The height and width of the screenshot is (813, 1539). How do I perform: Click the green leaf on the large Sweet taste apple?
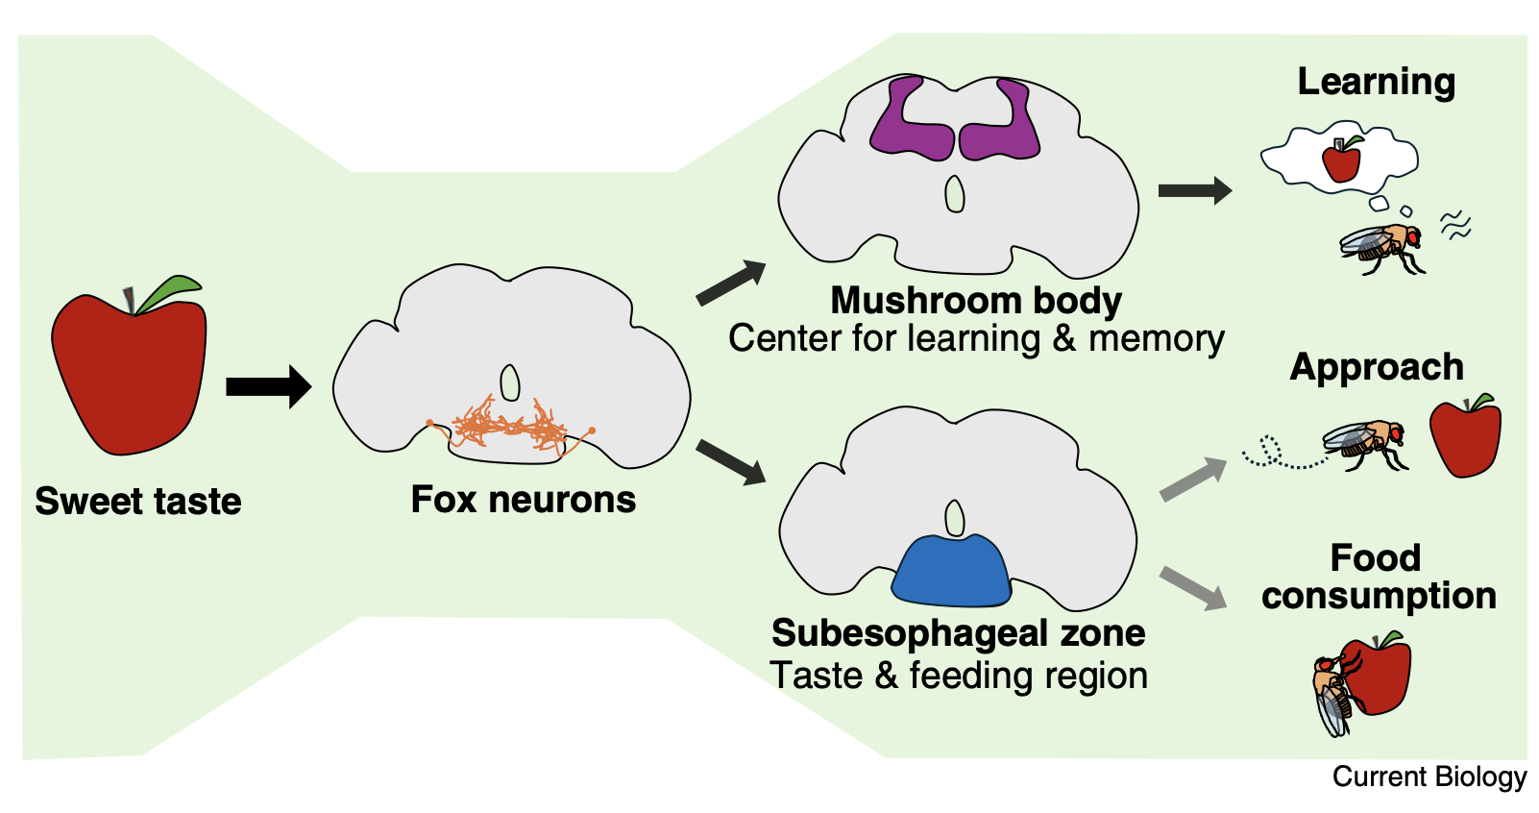[x=169, y=292]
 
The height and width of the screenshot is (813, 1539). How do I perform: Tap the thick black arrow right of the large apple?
[x=268, y=386]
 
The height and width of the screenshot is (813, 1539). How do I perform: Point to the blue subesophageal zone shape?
[x=952, y=573]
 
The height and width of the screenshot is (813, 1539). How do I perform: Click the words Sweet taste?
[x=138, y=501]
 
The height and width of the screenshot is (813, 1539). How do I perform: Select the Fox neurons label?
[x=524, y=500]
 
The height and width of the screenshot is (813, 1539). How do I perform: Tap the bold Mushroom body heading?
[x=975, y=300]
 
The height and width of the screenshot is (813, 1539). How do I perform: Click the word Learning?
[x=1376, y=83]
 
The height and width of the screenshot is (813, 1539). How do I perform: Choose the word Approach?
[x=1376, y=367]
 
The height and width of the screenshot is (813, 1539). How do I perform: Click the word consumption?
[x=1379, y=596]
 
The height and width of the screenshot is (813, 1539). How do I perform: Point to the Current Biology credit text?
[x=1429, y=776]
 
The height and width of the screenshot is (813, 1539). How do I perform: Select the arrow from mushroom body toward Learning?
[x=1194, y=190]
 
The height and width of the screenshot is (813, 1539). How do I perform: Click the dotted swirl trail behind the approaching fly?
[x=1273, y=455]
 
